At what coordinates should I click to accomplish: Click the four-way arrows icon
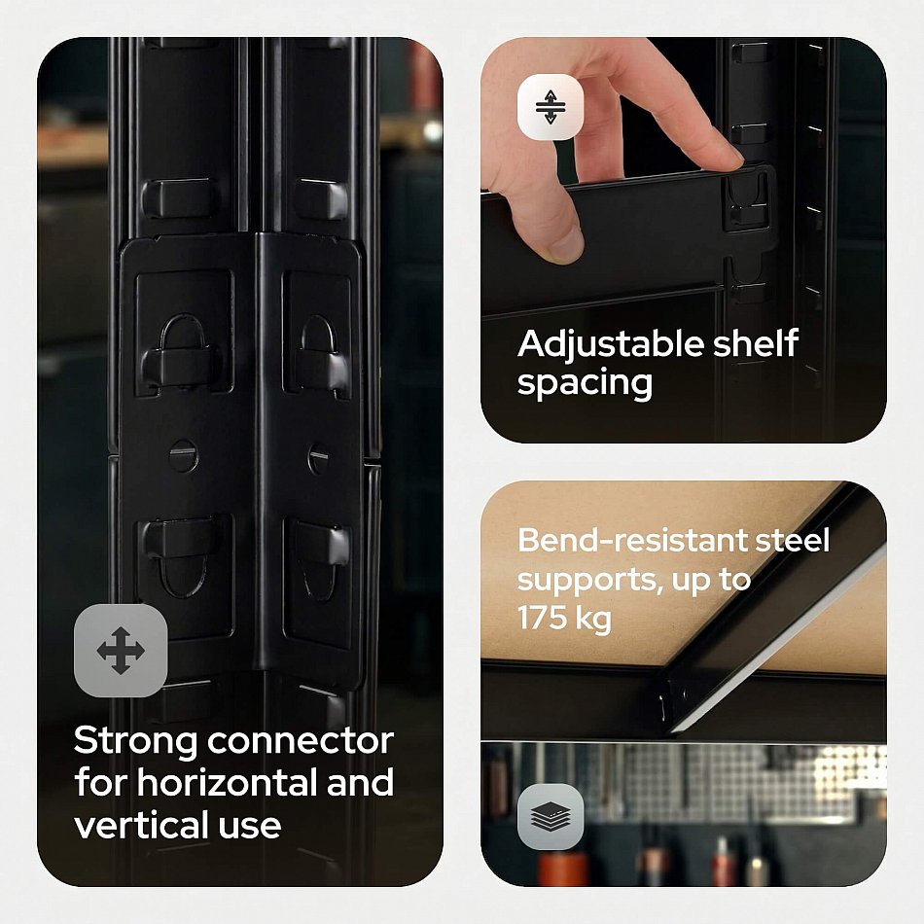[x=121, y=651]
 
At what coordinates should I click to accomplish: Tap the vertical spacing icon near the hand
[x=551, y=107]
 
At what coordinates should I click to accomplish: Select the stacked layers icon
[x=551, y=817]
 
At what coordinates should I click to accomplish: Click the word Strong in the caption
[x=135, y=742]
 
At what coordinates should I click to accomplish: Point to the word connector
[x=301, y=741]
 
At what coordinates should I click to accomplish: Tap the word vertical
[x=140, y=825]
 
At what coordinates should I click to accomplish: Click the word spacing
[x=585, y=384]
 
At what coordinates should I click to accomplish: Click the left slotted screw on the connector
[x=182, y=455]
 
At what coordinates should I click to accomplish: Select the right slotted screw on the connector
[x=319, y=457]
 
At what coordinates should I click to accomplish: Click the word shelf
[x=756, y=343]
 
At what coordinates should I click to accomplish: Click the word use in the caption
[x=249, y=826]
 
